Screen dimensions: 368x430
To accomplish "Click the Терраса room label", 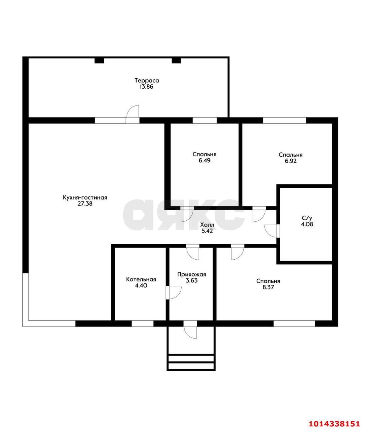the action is click(x=147, y=80).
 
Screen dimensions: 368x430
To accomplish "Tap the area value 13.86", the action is click(x=146, y=87).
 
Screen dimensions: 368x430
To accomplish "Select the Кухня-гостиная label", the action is click(x=85, y=198).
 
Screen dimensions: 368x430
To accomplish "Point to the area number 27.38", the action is click(x=85, y=204).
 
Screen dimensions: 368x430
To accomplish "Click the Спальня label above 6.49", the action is click(x=204, y=154).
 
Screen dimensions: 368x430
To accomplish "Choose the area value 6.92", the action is click(x=291, y=161).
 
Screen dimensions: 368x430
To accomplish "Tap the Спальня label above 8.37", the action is click(x=268, y=281).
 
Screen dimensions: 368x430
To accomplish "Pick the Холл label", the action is click(x=207, y=225).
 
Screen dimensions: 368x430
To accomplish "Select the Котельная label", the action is click(x=141, y=279).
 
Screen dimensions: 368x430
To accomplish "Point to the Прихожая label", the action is click(x=192, y=274).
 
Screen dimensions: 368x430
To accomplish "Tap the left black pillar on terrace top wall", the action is click(x=99, y=60).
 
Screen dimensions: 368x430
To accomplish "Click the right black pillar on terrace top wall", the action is click(x=176, y=60).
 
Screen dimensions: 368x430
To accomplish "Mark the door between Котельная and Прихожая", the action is click(x=174, y=293).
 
